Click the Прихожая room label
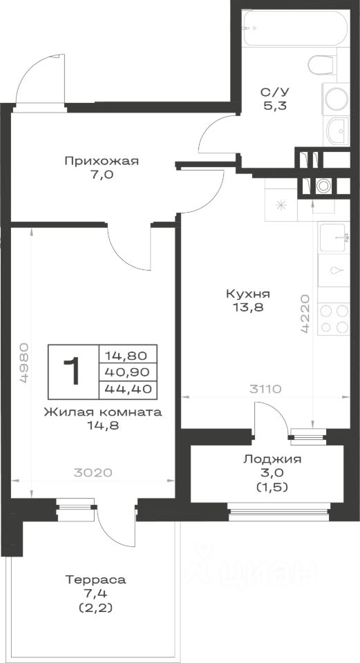tap(102, 161)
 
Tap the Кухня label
tap(248, 294)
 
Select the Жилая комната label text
tap(103, 412)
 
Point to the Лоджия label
tap(272, 460)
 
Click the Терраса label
tap(95, 579)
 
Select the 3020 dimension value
tap(93, 472)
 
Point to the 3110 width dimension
tap(266, 389)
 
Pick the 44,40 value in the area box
tap(127, 388)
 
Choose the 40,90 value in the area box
tap(127, 372)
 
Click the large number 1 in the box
tap(73, 371)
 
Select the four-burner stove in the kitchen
tap(334, 319)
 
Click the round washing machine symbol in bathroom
tap(337, 99)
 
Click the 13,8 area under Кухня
tap(248, 308)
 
